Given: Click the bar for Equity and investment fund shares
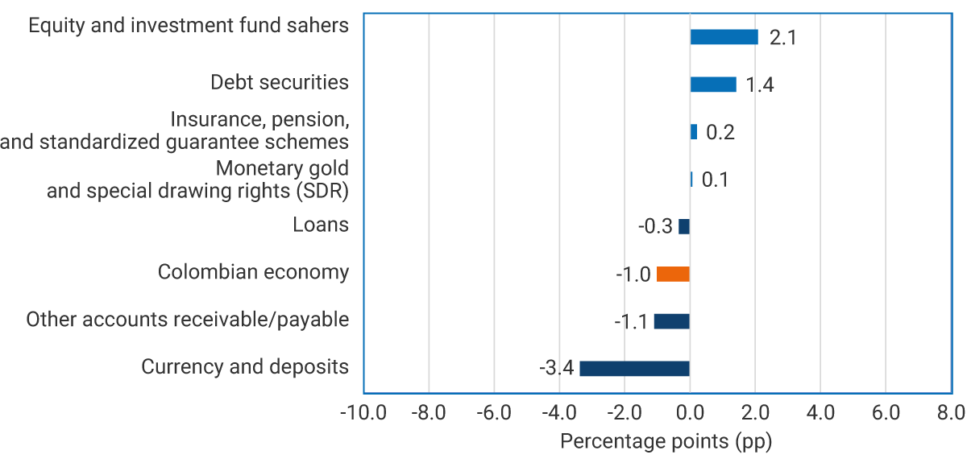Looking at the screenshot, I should pyautogui.click(x=724, y=37).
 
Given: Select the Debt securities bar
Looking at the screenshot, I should pyautogui.click(x=713, y=85).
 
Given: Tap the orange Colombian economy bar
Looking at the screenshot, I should pyautogui.click(x=673, y=274).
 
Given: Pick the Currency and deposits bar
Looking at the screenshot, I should pyautogui.click(x=634, y=369).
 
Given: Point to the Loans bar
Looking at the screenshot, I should pyautogui.click(x=684, y=226).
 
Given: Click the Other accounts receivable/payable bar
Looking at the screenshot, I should pyautogui.click(x=671, y=321).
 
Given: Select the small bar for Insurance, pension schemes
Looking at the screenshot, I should pyautogui.click(x=693, y=132).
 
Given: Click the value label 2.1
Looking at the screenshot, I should pyautogui.click(x=782, y=38).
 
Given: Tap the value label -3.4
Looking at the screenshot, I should pyautogui.click(x=556, y=369).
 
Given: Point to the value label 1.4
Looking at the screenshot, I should pyautogui.click(x=760, y=85).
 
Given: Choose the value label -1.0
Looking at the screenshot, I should pyautogui.click(x=633, y=275).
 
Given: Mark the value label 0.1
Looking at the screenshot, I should pyautogui.click(x=715, y=180).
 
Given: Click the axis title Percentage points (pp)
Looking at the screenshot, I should pyautogui.click(x=666, y=442).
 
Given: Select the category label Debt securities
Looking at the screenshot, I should pyautogui.click(x=279, y=82).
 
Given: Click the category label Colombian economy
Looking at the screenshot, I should pyautogui.click(x=253, y=272).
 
